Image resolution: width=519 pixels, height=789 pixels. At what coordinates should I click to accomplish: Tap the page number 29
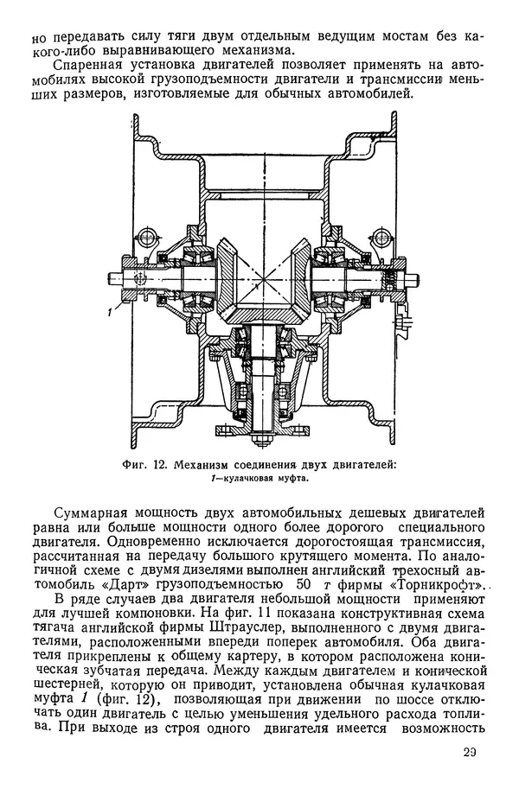[469, 761]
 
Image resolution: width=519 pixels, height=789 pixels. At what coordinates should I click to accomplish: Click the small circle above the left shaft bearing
[151, 234]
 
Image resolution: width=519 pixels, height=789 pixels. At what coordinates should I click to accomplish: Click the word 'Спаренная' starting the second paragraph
[93, 66]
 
